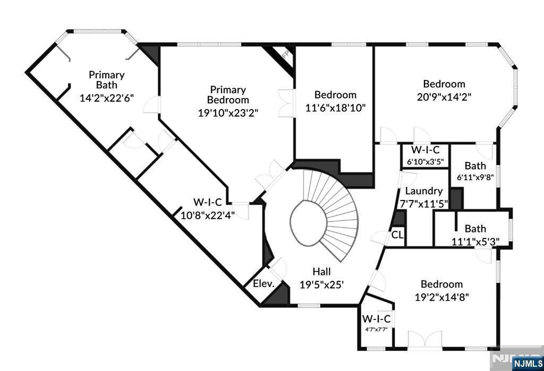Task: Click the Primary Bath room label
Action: click(x=106, y=80)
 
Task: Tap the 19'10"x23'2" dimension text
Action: click(x=228, y=113)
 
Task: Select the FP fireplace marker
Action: click(x=286, y=54)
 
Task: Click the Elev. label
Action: click(x=263, y=283)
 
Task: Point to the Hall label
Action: click(x=321, y=271)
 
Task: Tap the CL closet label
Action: click(x=397, y=235)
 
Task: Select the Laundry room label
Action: click(x=423, y=191)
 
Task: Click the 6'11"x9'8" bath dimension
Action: click(x=475, y=177)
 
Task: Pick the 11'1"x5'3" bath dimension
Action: click(x=475, y=241)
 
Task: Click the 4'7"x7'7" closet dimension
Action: click(x=376, y=329)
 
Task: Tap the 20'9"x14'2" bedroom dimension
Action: click(x=444, y=97)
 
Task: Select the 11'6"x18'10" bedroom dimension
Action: click(x=336, y=108)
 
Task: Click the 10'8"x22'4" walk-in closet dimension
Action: click(x=208, y=216)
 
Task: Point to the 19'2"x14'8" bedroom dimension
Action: click(x=441, y=298)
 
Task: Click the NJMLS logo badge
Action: click(x=528, y=364)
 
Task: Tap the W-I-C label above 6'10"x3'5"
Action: click(x=426, y=150)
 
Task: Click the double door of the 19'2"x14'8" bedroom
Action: click(x=425, y=340)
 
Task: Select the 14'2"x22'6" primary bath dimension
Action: click(x=106, y=98)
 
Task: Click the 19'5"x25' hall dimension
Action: click(x=321, y=285)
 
